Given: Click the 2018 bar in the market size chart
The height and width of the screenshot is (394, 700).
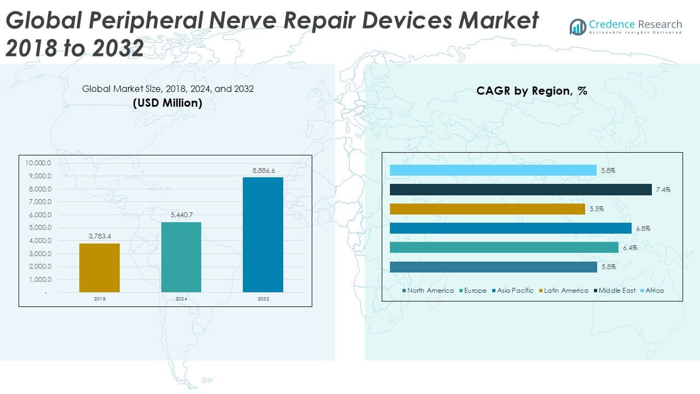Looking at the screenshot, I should tap(100, 268).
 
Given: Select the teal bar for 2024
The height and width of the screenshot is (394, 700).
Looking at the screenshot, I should tap(181, 257).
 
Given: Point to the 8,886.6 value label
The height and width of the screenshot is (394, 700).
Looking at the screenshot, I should tap(264, 171).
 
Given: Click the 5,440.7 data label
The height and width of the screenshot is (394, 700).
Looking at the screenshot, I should tap(182, 216).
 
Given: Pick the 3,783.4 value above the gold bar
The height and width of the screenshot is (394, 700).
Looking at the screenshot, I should tap(100, 237).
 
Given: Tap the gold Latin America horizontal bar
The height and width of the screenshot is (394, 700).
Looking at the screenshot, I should tap(487, 209).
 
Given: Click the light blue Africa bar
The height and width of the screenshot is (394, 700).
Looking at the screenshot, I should tap(493, 171).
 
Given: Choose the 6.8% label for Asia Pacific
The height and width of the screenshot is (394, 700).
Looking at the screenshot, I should tap(643, 228).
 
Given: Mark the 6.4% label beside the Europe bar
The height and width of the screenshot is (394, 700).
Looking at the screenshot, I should tap(629, 248).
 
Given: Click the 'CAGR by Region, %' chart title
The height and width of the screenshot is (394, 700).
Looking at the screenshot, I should tap(532, 91).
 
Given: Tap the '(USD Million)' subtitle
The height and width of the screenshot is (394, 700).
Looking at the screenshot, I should tap(167, 103).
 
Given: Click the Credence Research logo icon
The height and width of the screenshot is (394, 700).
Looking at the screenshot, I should tap(577, 27).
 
